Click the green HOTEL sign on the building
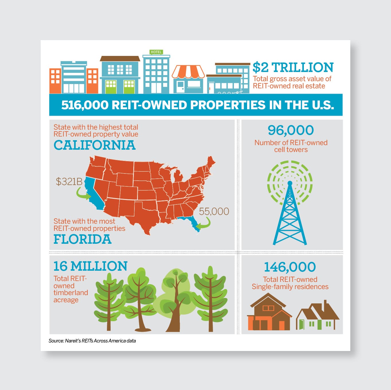coord(156,52)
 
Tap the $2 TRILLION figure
coord(293,68)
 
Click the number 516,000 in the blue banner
coord(85,105)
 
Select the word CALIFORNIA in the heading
coord(95,145)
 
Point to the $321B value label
coord(69,182)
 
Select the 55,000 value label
coord(214,212)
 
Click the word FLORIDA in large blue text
coord(83,239)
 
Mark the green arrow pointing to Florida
coord(204,224)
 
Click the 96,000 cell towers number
coord(291,130)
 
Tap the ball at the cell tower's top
coord(290,183)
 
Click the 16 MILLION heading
coord(90,266)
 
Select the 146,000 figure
coord(290,267)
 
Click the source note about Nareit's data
coord(92,341)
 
